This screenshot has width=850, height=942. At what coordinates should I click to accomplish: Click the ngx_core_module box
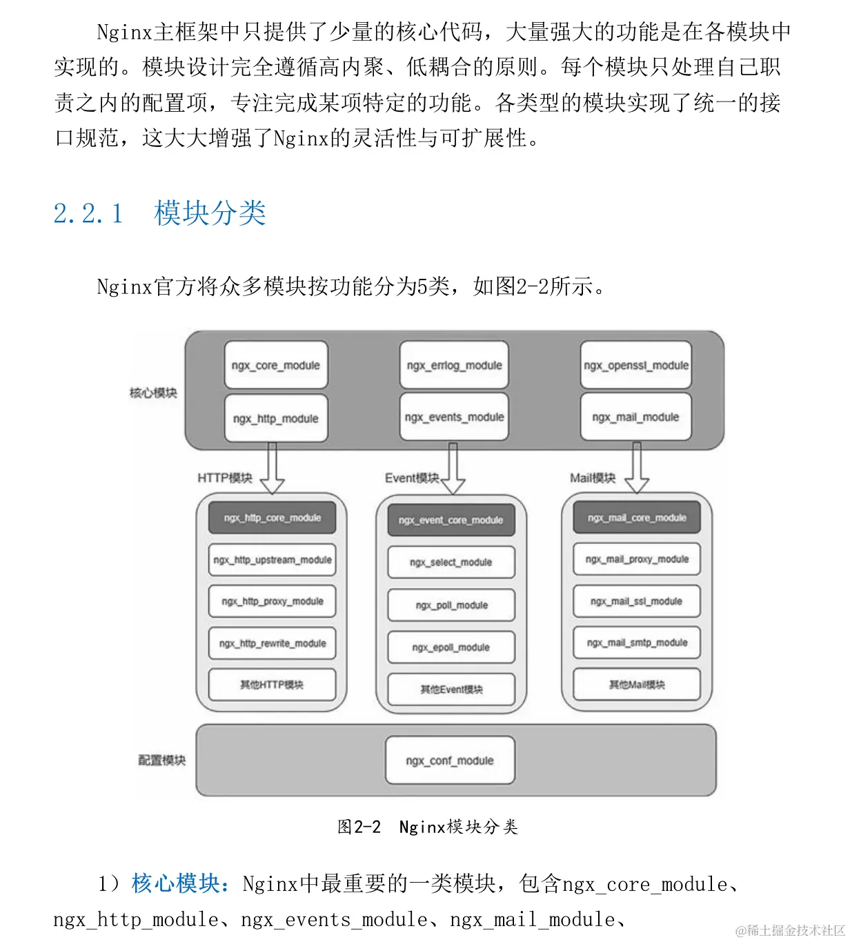(x=275, y=365)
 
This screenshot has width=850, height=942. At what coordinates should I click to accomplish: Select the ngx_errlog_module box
(x=454, y=365)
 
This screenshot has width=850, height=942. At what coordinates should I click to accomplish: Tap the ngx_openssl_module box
(x=635, y=365)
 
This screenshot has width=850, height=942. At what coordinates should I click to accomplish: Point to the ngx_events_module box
(x=454, y=417)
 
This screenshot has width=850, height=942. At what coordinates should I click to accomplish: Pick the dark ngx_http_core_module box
(x=272, y=518)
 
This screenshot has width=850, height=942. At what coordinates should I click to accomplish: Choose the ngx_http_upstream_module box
(x=272, y=560)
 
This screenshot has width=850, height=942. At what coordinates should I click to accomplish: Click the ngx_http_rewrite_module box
(x=272, y=643)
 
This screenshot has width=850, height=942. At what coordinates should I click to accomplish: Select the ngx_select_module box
(x=451, y=562)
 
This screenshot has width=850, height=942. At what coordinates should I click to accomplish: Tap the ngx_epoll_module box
(x=451, y=647)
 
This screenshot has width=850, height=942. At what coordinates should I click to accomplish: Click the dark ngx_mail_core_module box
(x=636, y=518)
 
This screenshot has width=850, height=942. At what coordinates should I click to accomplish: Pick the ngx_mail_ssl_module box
(x=636, y=601)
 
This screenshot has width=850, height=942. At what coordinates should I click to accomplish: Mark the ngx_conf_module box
(x=450, y=761)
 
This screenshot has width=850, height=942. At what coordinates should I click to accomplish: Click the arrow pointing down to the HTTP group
(x=272, y=469)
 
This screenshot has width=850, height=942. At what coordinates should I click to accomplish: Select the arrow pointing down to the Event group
(x=453, y=469)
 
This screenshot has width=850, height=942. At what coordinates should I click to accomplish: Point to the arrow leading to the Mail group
(x=636, y=469)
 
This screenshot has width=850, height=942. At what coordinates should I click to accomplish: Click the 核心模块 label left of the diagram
(x=153, y=393)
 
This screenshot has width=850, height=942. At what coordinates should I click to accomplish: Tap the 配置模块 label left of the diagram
(x=161, y=760)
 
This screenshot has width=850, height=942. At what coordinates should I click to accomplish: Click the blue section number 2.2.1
(x=88, y=213)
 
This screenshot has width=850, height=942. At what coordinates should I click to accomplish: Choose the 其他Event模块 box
(x=451, y=689)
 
